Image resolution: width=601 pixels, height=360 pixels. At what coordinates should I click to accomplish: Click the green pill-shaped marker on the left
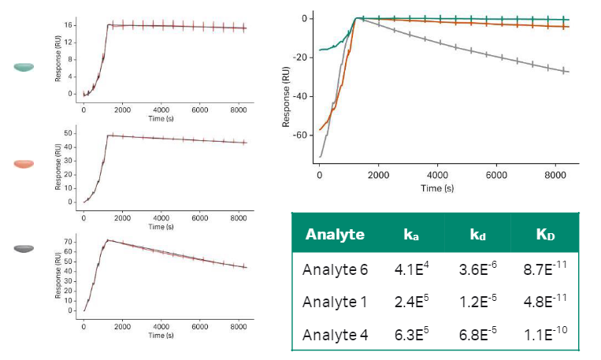pyautogui.click(x=24, y=67)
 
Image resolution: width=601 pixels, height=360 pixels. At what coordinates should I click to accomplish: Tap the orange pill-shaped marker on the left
pyautogui.click(x=24, y=163)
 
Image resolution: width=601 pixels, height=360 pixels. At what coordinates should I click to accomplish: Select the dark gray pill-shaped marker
pyautogui.click(x=24, y=248)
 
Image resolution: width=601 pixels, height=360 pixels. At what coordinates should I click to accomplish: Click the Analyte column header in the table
pyautogui.click(x=335, y=234)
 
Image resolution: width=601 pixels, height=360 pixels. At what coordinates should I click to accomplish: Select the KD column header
pyautogui.click(x=544, y=234)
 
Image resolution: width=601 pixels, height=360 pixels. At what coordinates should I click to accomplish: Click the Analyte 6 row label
pyautogui.click(x=335, y=269)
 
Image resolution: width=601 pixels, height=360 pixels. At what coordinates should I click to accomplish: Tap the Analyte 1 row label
pyautogui.click(x=335, y=302)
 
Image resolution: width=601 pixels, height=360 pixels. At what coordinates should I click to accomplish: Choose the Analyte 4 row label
pyautogui.click(x=335, y=335)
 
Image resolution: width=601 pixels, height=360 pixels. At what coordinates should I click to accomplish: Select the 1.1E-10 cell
pyautogui.click(x=543, y=335)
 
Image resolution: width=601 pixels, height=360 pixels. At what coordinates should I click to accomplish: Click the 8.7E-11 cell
pyautogui.click(x=543, y=269)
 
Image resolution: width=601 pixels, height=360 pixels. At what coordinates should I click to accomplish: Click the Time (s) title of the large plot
pyautogui.click(x=437, y=189)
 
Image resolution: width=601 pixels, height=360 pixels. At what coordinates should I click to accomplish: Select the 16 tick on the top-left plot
pyautogui.click(x=69, y=25)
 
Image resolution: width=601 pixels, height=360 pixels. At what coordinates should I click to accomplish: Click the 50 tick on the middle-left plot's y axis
pyautogui.click(x=69, y=135)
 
